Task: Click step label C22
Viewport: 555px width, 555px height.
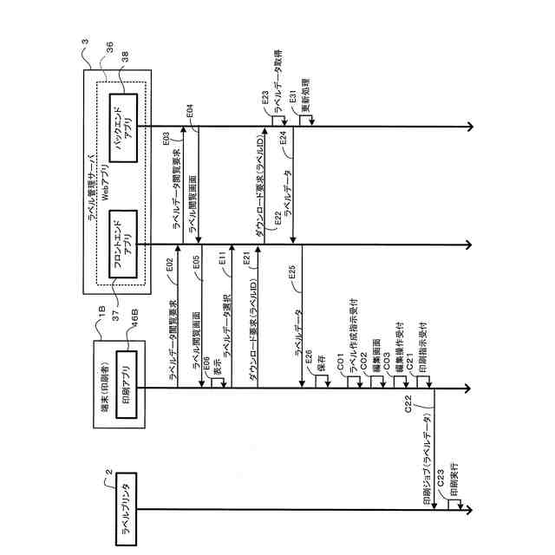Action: [x=408, y=408]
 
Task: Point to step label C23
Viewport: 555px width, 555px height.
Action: [x=441, y=475]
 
